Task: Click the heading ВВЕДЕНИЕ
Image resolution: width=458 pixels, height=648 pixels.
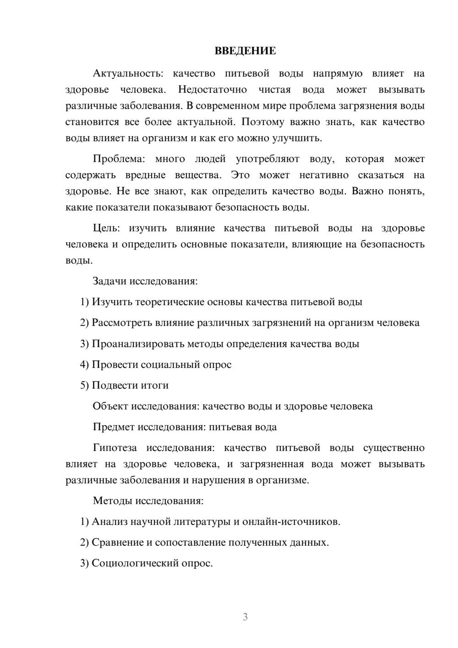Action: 245,51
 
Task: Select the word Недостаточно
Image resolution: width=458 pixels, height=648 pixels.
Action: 212,89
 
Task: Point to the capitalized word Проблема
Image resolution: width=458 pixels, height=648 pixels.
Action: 119,159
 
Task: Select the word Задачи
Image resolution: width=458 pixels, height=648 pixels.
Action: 109,281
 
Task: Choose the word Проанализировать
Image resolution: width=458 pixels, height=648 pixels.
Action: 138,344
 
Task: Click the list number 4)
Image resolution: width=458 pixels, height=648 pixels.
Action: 84,365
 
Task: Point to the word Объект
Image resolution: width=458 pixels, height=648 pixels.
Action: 110,406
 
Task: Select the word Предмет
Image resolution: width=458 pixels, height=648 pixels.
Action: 113,427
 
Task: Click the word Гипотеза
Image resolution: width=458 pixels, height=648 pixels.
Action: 114,448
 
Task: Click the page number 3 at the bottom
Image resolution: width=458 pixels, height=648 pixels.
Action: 245,617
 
